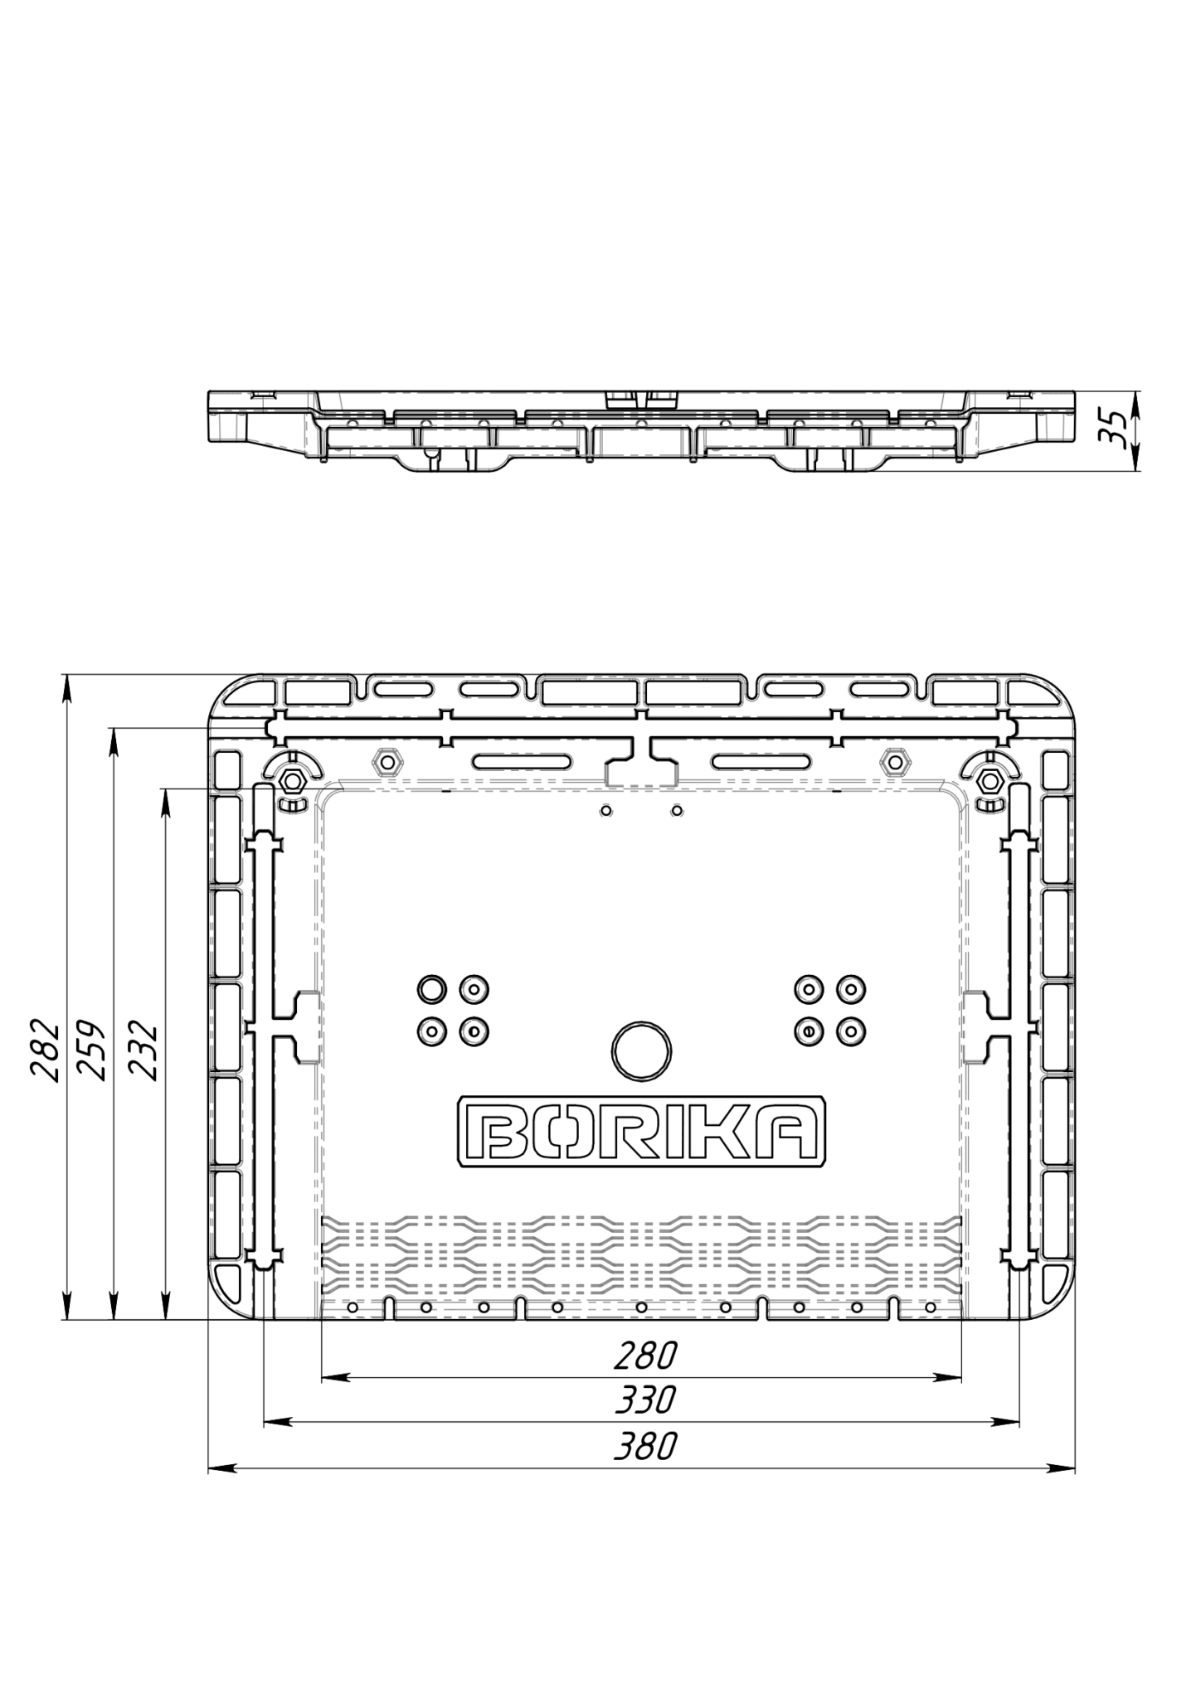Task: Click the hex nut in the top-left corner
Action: tap(291, 779)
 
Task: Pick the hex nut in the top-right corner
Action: tap(989, 779)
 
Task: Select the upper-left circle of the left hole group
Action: tap(431, 988)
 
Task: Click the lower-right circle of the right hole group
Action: tap(850, 1031)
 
